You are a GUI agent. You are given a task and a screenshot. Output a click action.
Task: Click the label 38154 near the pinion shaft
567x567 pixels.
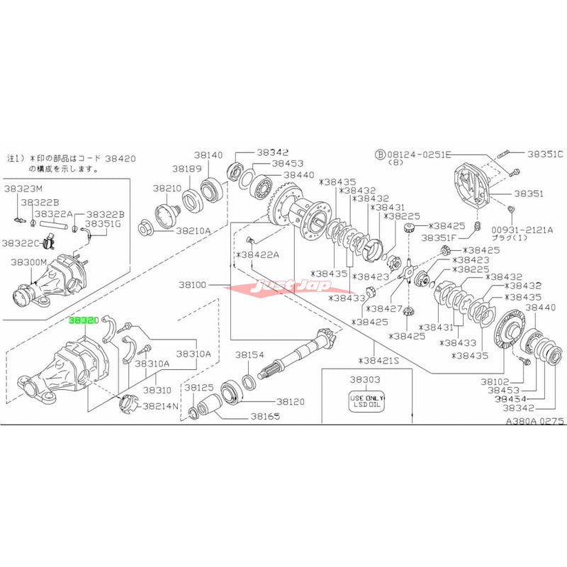coord(249,354)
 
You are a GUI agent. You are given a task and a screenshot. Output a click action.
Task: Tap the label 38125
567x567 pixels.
coord(199,388)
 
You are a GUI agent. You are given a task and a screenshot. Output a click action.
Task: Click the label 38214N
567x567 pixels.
coord(161,407)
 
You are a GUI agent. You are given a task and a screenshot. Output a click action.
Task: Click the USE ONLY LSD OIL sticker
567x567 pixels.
coord(366,403)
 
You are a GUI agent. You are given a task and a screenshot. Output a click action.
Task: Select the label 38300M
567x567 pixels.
coord(28,262)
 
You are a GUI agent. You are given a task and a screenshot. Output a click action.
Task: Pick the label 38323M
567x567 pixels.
coord(23,189)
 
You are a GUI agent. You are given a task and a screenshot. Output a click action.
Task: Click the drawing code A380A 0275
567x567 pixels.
coord(524,420)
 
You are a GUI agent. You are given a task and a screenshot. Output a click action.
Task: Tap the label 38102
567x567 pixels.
coord(495,381)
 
